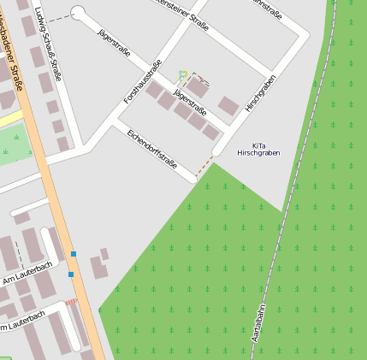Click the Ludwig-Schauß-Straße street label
(49, 44)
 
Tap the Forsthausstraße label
(143, 83)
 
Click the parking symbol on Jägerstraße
(181, 75)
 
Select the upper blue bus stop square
(74, 254)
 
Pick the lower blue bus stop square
(71, 274)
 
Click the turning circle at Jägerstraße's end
(79, 13)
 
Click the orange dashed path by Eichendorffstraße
(204, 167)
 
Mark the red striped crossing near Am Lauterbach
(70, 302)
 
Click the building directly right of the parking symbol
(198, 86)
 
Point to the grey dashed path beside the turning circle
(58, 18)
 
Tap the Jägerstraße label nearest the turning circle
(115, 43)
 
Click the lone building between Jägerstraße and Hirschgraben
(228, 106)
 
